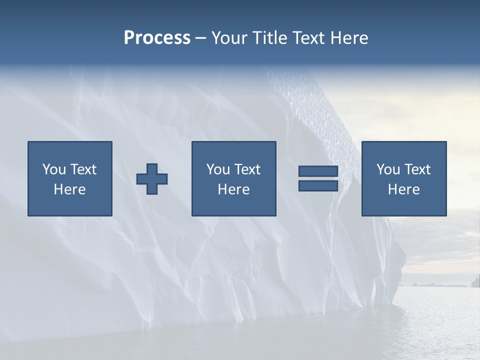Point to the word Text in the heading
(306, 38)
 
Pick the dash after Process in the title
(201, 39)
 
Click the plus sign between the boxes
(152, 178)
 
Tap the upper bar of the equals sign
(318, 171)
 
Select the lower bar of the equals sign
(318, 186)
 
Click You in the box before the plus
(54, 169)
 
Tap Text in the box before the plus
(82, 169)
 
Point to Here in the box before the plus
(69, 189)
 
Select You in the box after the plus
(218, 169)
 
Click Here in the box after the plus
(233, 189)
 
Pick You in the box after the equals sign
(388, 169)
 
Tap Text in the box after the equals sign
(417, 169)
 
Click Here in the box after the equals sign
(403, 189)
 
